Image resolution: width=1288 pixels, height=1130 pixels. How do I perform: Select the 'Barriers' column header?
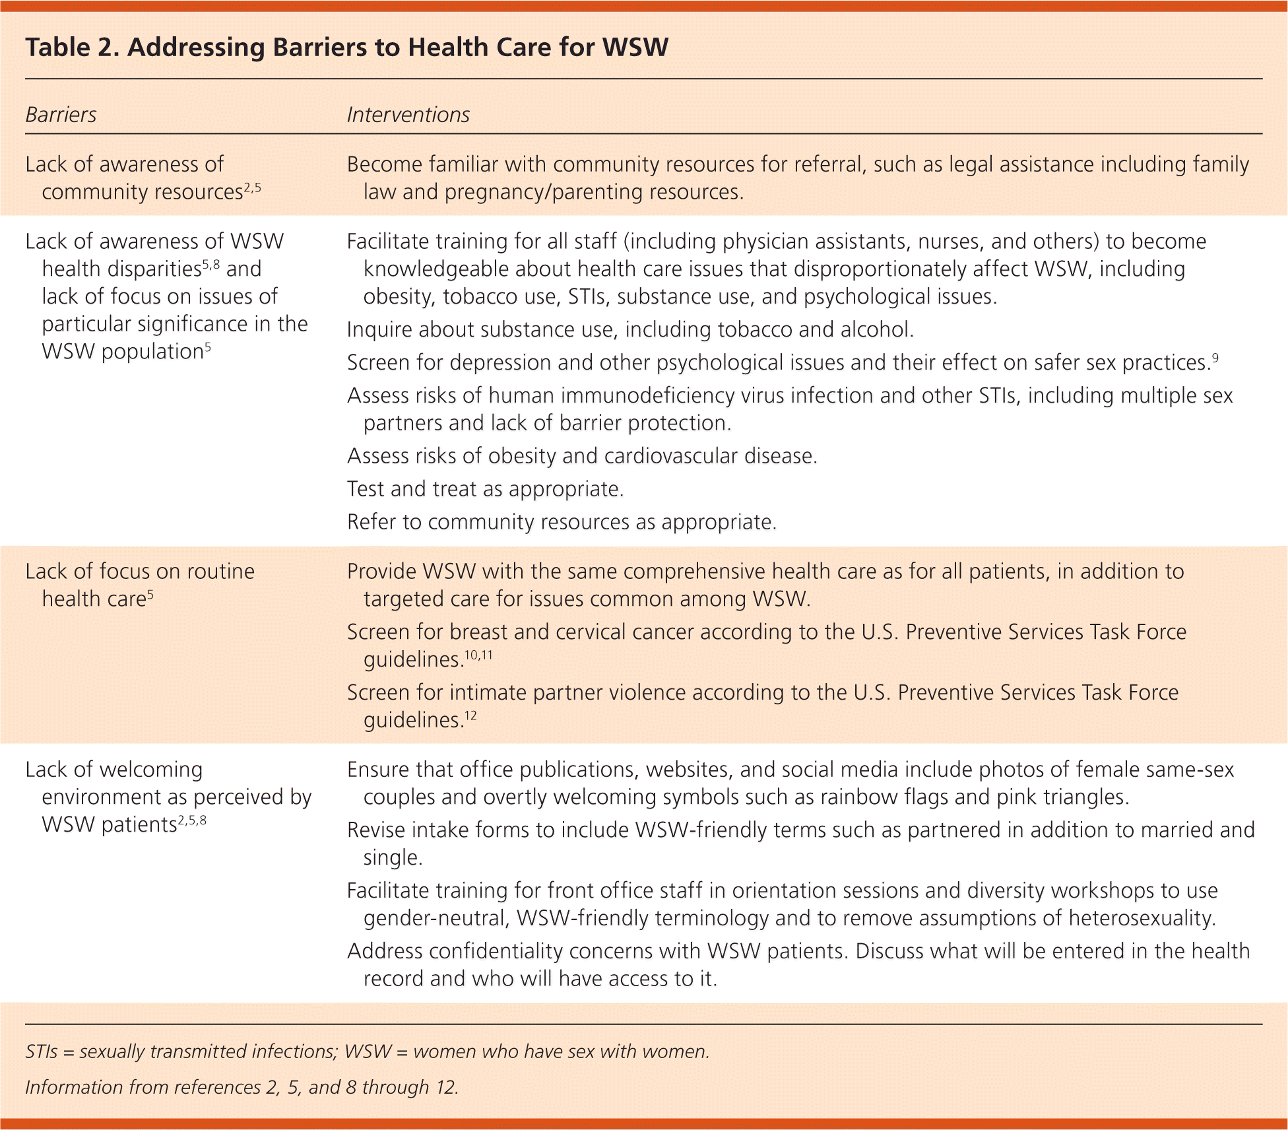pyautogui.click(x=61, y=115)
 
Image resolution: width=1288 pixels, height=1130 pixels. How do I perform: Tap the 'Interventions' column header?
pyautogui.click(x=408, y=115)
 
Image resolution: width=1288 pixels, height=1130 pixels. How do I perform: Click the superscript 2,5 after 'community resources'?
pyautogui.click(x=253, y=187)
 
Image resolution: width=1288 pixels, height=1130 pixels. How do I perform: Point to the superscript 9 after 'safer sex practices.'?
pyautogui.click(x=1215, y=358)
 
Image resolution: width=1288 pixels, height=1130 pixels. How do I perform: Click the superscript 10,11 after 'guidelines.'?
pyautogui.click(x=478, y=655)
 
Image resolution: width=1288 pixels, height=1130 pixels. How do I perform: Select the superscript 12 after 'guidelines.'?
pyautogui.click(x=470, y=715)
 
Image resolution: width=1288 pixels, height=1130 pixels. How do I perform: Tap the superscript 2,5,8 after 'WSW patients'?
pyautogui.click(x=192, y=820)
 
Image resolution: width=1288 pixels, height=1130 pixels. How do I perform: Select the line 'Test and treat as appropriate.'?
pyautogui.click(x=485, y=489)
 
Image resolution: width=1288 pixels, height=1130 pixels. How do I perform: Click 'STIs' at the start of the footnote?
pyautogui.click(x=42, y=1051)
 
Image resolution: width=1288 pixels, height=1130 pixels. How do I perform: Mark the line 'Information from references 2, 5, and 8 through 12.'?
pyautogui.click(x=241, y=1087)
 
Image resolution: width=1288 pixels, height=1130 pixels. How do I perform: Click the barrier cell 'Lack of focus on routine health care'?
pyautogui.click(x=140, y=585)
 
